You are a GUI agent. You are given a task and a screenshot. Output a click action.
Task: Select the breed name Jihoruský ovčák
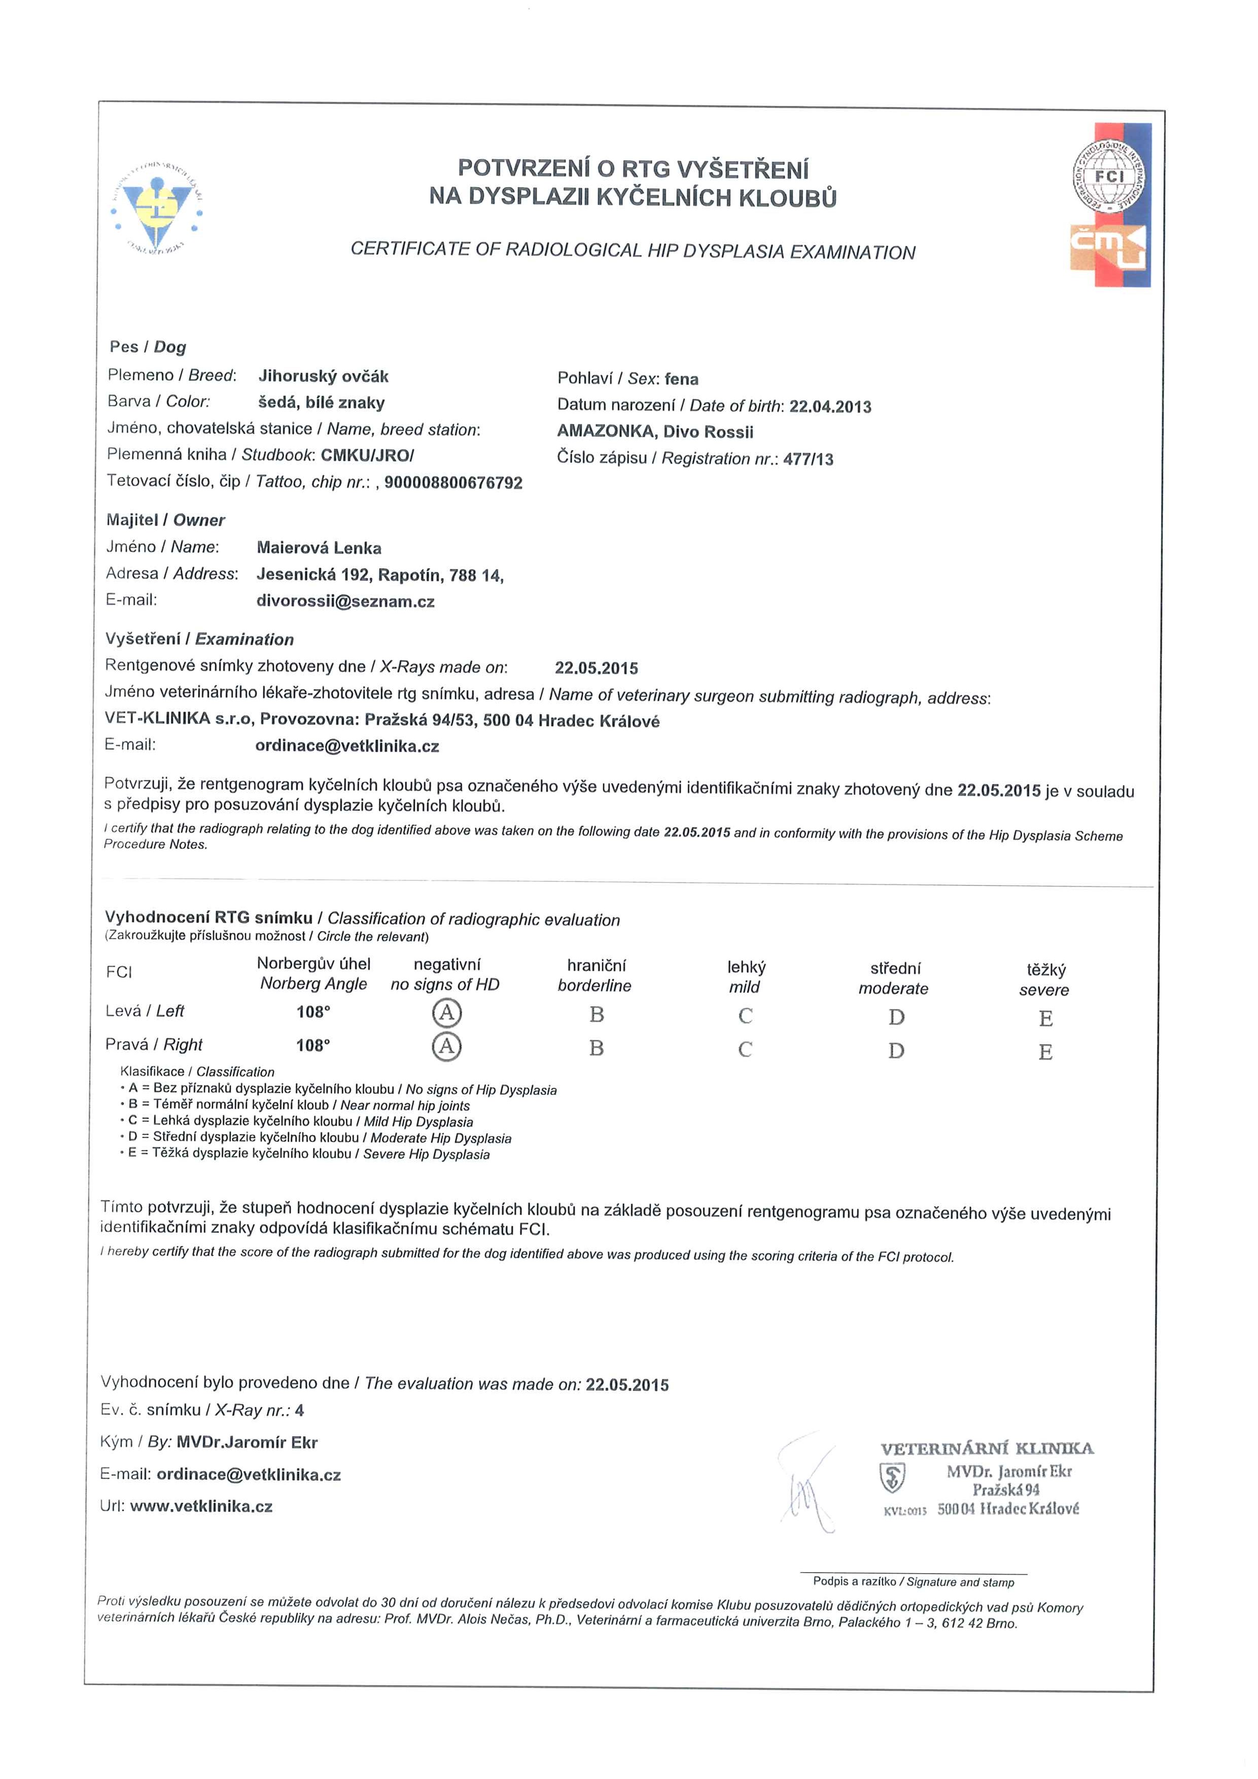323,377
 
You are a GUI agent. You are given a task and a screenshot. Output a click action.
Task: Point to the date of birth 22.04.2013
830,407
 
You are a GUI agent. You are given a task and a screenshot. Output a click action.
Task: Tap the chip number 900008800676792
453,483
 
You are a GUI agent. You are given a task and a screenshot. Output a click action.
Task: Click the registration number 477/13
809,459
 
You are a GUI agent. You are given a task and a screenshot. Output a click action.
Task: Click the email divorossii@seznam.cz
345,601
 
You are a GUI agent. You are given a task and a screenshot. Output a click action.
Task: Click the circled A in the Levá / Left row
446,1013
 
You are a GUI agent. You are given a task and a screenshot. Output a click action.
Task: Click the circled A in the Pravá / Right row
446,1047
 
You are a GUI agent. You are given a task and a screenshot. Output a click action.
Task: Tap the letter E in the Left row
1045,1018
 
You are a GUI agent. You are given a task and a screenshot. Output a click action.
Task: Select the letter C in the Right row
745,1050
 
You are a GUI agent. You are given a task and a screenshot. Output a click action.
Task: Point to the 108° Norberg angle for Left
313,1011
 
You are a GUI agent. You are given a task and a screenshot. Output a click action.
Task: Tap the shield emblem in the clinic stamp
892,1478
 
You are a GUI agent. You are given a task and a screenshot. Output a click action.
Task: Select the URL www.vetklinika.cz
201,1507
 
